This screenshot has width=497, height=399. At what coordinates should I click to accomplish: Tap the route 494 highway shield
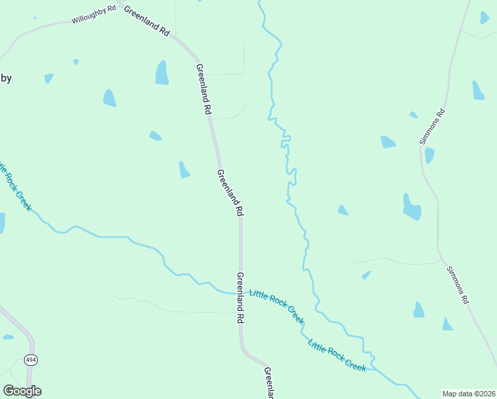pos(31,360)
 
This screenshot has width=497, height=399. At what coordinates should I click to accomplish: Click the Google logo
pos(22,390)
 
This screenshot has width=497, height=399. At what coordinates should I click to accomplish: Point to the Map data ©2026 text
pos(468,394)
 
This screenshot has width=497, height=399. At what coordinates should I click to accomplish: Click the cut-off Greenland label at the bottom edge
pos(269,383)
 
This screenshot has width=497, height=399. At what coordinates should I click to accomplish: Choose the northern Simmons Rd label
pos(432,126)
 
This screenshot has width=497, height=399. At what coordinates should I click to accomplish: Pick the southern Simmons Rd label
pos(458,285)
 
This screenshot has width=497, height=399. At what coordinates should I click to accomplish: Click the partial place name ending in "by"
pos(5,78)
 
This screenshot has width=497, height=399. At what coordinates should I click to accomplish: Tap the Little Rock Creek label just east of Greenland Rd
pos(277,306)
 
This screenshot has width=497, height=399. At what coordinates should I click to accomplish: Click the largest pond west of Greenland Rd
pos(161,72)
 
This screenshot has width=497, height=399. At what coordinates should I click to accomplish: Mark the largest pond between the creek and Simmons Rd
pos(411,207)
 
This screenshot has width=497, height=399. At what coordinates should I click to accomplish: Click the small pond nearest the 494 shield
pos(8,337)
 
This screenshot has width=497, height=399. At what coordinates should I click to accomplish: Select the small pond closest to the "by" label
pos(49,78)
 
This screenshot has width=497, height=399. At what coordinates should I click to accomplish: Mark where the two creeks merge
pos(373,364)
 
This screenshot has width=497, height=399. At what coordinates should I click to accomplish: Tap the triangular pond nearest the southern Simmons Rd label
pos(447,325)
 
